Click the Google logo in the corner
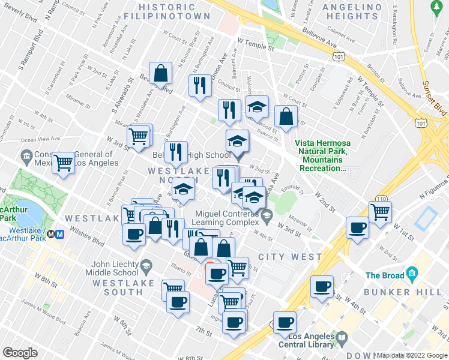[x=20, y=353]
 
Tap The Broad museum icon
[x=412, y=275]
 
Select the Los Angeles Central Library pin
[x=342, y=337]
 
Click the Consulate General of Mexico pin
[x=26, y=157]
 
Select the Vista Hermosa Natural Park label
[x=322, y=156]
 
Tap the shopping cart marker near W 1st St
[x=379, y=212]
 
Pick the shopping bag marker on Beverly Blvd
[x=161, y=74]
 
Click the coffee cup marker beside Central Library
[x=285, y=322]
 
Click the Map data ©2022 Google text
[x=412, y=355]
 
